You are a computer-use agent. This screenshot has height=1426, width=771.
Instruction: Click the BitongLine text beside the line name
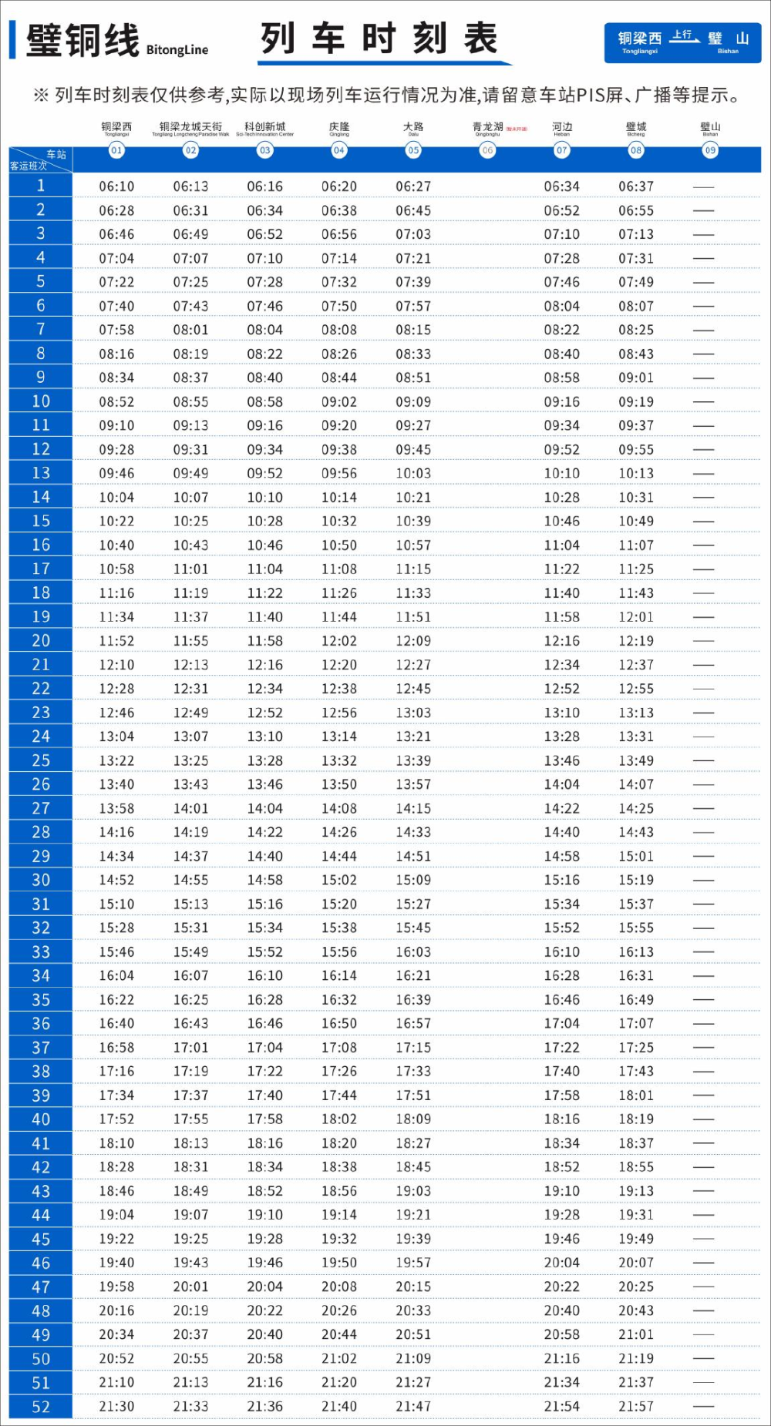coord(177,50)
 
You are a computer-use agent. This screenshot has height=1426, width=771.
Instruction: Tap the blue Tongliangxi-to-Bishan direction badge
coord(682,42)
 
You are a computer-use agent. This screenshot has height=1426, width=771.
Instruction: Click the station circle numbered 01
coord(116,150)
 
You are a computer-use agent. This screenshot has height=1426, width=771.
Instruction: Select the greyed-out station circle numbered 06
coord(487,150)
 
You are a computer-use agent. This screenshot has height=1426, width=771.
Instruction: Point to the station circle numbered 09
coord(710,150)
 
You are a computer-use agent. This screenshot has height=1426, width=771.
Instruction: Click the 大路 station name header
coord(413,127)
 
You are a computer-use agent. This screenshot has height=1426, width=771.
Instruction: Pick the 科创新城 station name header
coord(264,127)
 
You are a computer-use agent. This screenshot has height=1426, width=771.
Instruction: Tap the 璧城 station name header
coord(636,127)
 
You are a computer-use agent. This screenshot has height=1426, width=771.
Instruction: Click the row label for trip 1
coord(41,186)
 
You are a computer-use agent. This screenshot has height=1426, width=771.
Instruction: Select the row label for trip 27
coord(41,808)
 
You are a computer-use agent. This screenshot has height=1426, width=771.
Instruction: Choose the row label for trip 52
coord(41,1407)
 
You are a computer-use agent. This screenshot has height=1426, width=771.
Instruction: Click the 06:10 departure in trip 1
coord(116,186)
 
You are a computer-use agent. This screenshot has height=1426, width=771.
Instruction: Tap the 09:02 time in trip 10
coord(339,401)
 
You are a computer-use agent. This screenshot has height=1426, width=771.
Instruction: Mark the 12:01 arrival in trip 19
coord(636,617)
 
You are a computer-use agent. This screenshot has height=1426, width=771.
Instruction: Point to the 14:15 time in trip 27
coord(413,808)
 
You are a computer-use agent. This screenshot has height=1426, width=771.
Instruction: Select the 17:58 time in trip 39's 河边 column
coord(562,1096)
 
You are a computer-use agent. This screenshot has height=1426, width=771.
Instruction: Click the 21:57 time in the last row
coord(636,1407)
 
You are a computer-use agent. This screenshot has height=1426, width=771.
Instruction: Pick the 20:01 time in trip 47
coord(190,1287)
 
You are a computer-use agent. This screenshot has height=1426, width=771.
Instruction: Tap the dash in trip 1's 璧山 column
coord(703,186)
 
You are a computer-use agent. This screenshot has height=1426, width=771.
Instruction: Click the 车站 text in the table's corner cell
coord(56,155)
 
